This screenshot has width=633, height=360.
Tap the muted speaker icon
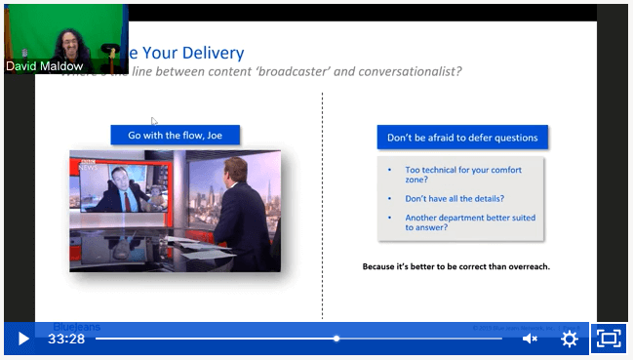click(530, 339)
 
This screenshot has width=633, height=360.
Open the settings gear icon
click(570, 339)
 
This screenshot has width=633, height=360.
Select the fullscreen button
click(609, 339)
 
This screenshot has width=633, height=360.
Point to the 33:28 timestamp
click(65, 339)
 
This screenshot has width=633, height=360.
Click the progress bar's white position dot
click(336, 339)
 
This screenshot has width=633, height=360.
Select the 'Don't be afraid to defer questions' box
click(462, 138)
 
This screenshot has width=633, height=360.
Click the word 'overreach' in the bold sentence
click(528, 265)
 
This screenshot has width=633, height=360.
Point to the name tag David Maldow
click(44, 67)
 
